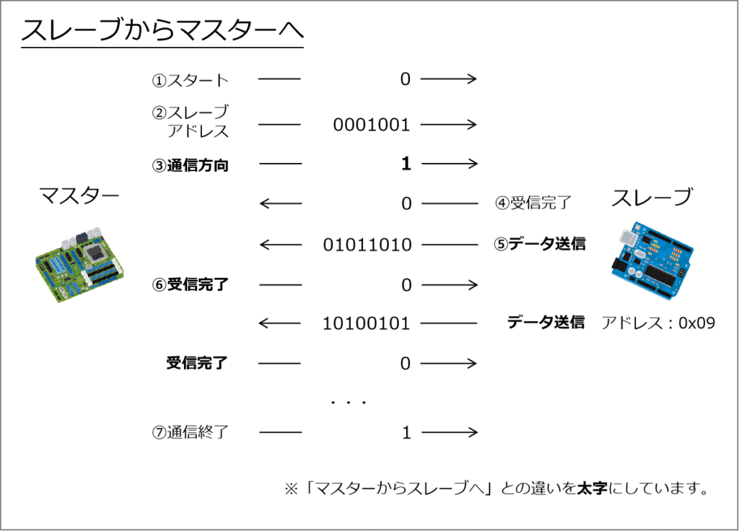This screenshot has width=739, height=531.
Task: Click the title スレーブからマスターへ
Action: (x=162, y=30)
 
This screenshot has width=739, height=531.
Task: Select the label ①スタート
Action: (x=191, y=80)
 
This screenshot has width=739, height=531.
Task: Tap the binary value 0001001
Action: (x=372, y=125)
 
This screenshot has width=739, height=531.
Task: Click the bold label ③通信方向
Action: (x=191, y=165)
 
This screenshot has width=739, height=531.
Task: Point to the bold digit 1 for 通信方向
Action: (x=406, y=164)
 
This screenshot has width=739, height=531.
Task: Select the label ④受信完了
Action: (x=533, y=203)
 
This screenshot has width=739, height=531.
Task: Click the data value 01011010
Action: (x=367, y=245)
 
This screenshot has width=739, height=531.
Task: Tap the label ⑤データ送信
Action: (x=540, y=244)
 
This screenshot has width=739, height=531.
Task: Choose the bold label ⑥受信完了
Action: (x=191, y=284)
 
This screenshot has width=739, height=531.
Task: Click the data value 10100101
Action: (x=366, y=324)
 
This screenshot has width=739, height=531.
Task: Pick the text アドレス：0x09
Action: (x=658, y=322)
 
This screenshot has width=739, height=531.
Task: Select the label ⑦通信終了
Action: (x=191, y=431)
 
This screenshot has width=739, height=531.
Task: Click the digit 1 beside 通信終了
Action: (x=406, y=432)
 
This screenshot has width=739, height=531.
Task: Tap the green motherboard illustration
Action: (x=79, y=264)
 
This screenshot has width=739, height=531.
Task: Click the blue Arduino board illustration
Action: (x=652, y=259)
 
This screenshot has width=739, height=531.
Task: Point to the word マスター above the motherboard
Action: (x=79, y=195)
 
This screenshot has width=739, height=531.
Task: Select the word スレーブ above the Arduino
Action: (x=652, y=197)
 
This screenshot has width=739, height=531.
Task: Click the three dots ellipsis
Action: (x=349, y=403)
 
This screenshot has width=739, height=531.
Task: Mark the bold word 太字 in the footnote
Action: (x=592, y=488)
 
